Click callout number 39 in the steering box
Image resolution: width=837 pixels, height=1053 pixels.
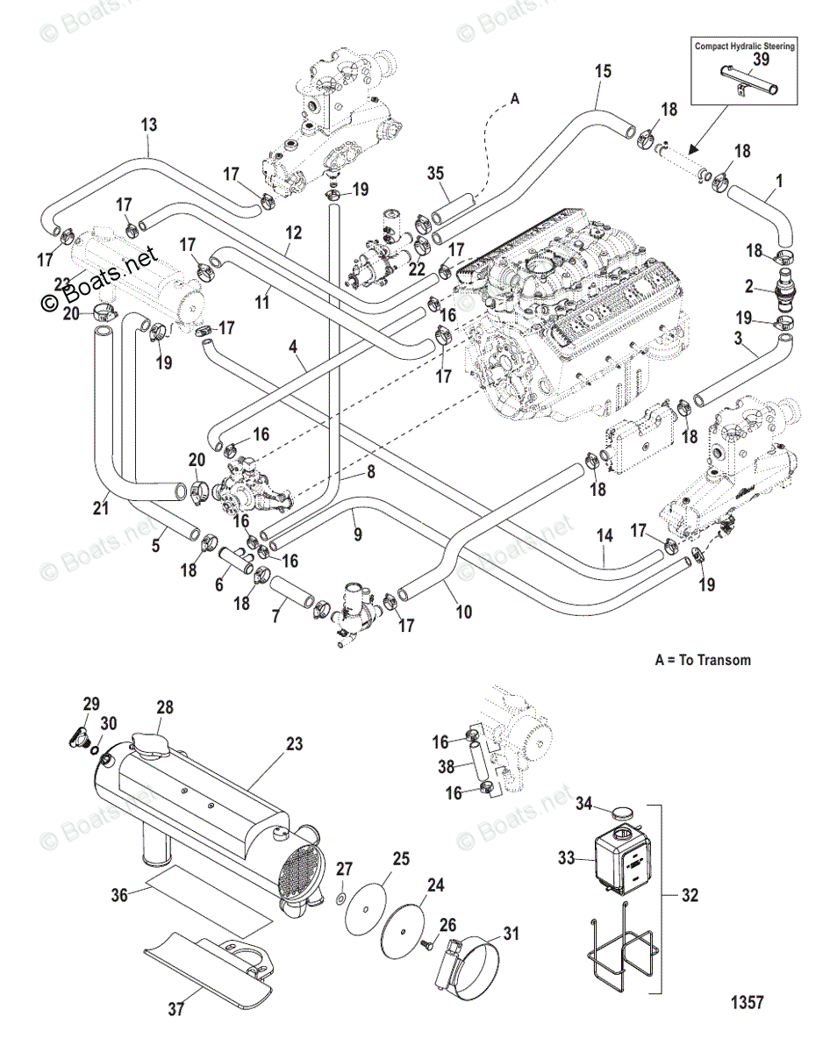(x=762, y=59)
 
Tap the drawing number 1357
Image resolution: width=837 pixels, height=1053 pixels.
(x=745, y=1002)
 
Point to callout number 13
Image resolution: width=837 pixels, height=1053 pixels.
(x=149, y=125)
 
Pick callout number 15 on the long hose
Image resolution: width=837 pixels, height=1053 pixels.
(x=602, y=71)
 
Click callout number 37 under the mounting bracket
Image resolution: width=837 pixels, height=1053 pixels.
(x=176, y=1010)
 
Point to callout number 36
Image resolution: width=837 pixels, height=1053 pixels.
(x=119, y=896)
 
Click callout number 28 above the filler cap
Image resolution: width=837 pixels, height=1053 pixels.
(x=165, y=708)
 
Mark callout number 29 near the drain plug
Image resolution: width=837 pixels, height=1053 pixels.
(x=91, y=704)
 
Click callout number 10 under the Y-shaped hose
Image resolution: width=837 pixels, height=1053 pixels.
(x=464, y=612)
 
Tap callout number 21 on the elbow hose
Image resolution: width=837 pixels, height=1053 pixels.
(x=101, y=507)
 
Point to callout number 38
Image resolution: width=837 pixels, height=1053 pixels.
(x=447, y=766)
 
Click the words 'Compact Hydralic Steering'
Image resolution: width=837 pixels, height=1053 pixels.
(x=745, y=46)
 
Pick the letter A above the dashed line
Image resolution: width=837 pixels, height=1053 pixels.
(x=515, y=100)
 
